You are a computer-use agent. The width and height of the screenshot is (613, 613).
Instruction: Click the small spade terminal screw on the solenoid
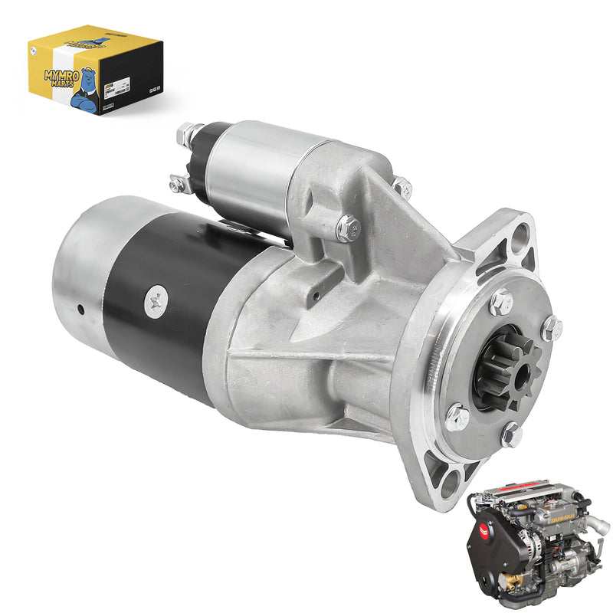pyautogui.click(x=177, y=183)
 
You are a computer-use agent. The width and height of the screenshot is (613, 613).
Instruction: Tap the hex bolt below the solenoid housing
pyautogui.click(x=347, y=227)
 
